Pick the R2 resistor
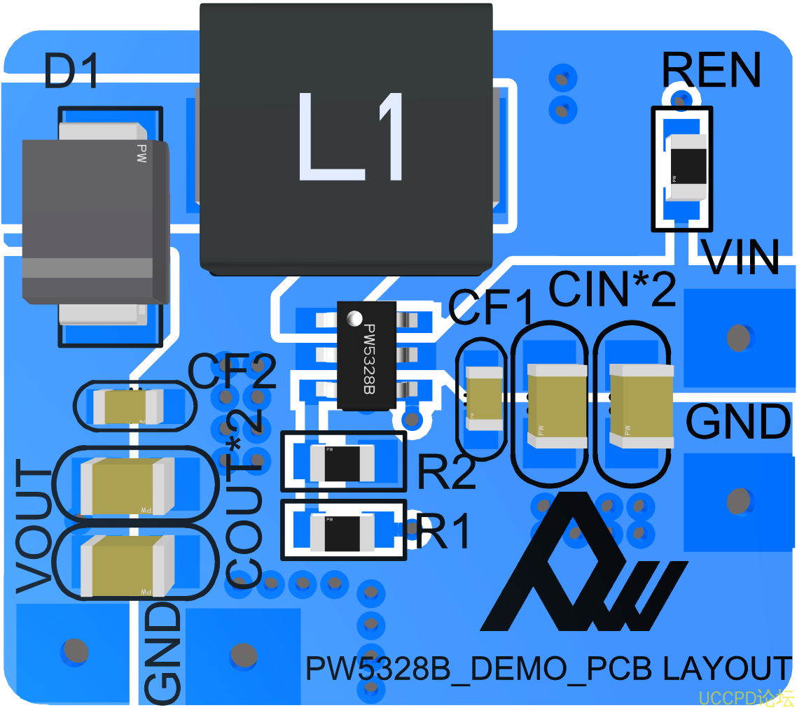(342, 463)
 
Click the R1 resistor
(342, 531)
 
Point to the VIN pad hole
(738, 338)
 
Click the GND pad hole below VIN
(738, 500)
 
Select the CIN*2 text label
(611, 289)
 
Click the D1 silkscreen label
(71, 71)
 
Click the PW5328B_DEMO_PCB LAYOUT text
(548, 669)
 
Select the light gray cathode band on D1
(88, 268)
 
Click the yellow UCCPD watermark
(746, 698)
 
